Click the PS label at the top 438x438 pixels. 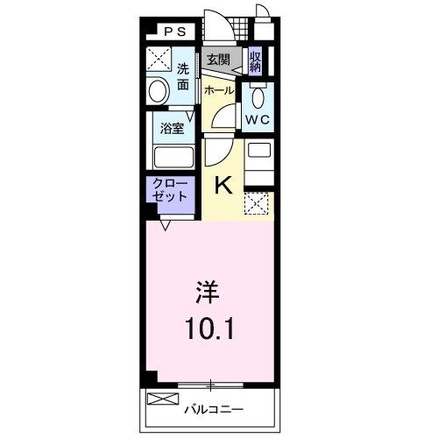click(173, 32)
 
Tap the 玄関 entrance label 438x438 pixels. click(217, 60)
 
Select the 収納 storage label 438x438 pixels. click(255, 62)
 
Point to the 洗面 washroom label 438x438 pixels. click(183, 77)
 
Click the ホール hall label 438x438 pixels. click(218, 89)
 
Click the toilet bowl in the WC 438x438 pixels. click(258, 95)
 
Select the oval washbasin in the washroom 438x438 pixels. click(158, 90)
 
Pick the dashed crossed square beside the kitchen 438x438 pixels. click(258, 205)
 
